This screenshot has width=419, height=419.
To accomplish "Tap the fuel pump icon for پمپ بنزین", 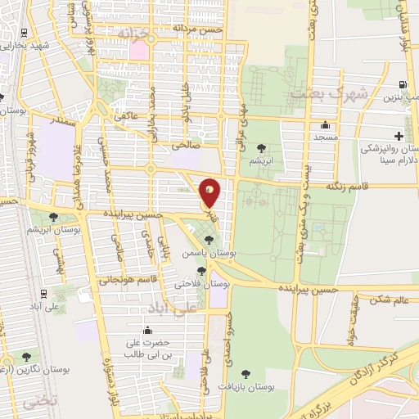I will pos(401,85).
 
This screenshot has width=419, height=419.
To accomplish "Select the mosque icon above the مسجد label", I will pos(326,126).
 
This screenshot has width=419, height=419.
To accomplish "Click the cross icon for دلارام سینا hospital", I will pos(399,135).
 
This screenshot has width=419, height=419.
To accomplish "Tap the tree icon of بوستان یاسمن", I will pos(210,240).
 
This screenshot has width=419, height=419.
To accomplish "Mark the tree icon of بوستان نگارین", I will pos(27,357).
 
